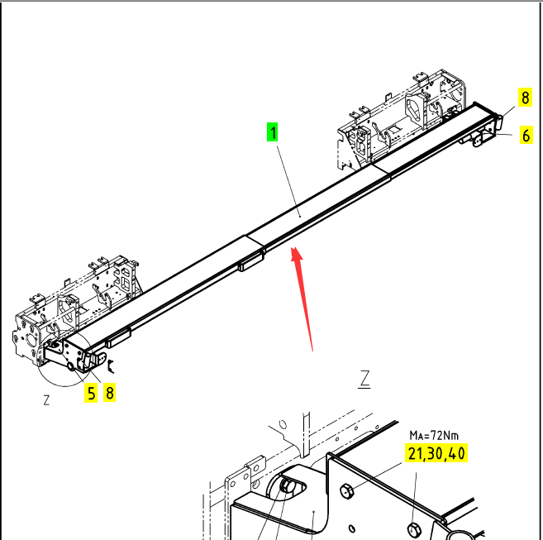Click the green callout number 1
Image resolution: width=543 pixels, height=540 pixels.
pyautogui.click(x=272, y=131)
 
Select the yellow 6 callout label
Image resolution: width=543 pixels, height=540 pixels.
pyautogui.click(x=526, y=136)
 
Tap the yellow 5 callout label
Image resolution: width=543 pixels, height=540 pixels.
pyautogui.click(x=91, y=393)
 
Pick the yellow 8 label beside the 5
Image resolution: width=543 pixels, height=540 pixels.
pyautogui.click(x=109, y=393)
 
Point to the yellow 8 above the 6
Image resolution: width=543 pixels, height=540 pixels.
pyautogui.click(x=526, y=97)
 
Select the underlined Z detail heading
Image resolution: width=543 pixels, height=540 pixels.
pyautogui.click(x=364, y=380)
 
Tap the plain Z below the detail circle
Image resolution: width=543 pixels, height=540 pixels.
pyautogui.click(x=46, y=400)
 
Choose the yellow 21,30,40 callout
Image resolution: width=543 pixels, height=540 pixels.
pyautogui.click(x=436, y=453)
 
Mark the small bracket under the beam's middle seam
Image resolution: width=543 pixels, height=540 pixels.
pyautogui.click(x=250, y=265)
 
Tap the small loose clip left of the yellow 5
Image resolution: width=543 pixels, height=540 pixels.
pyautogui.click(x=112, y=361)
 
